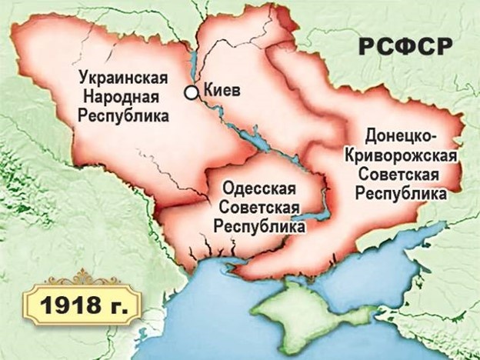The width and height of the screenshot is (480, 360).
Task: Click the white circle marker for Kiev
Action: click(190, 93)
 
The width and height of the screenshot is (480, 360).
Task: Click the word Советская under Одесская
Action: click(258, 207)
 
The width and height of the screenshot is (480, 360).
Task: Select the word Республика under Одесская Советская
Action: click(258, 227)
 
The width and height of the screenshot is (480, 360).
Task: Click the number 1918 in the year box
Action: click(62, 305)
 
